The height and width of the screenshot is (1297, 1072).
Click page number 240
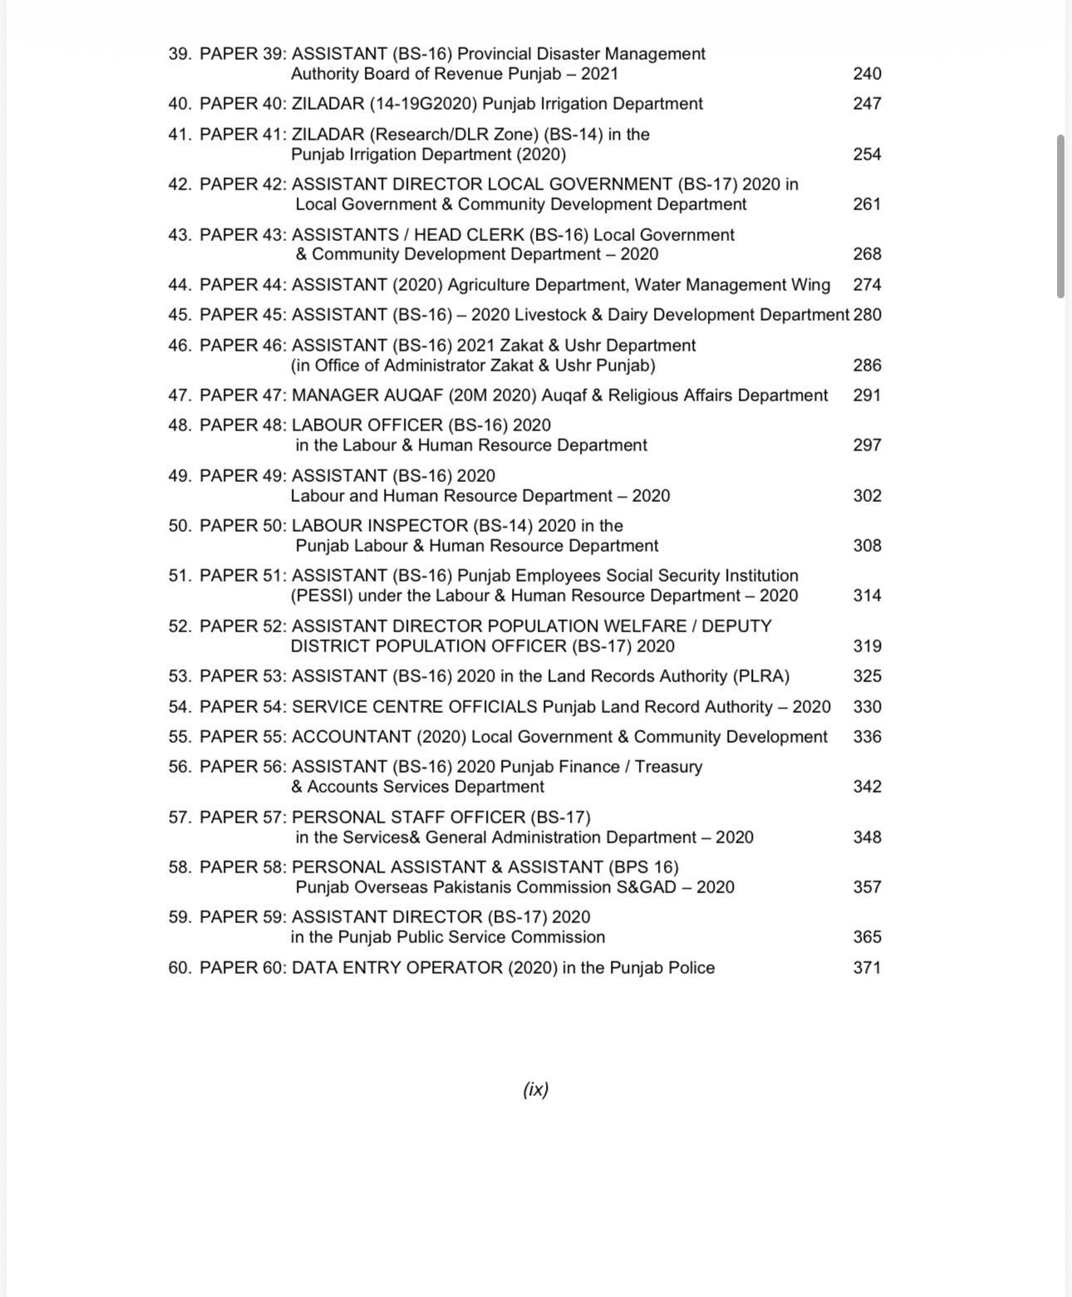[867, 74]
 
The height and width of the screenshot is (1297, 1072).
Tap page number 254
[867, 155]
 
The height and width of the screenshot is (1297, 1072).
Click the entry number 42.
[179, 184]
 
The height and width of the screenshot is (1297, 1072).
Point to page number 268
[867, 254]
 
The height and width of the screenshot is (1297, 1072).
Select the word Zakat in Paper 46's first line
[530, 346]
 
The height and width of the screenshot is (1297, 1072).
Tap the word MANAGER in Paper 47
[327, 395]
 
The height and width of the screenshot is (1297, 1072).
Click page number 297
[867, 445]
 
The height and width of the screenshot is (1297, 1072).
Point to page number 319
[867, 646]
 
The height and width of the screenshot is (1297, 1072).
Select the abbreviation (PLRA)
[760, 676]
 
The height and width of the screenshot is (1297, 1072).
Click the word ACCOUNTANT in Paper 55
[352, 737]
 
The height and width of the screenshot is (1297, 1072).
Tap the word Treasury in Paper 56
[668, 767]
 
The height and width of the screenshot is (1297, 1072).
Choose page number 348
[867, 838]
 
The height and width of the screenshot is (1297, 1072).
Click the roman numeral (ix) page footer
[536, 1089]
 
